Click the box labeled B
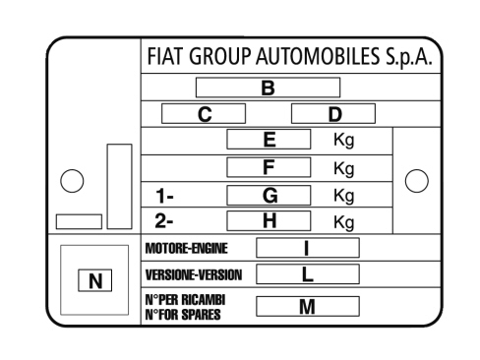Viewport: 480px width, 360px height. (x=268, y=88)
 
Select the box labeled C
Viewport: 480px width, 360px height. (x=204, y=114)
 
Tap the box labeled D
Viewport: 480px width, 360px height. (x=333, y=114)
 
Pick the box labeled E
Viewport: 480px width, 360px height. (x=269, y=140)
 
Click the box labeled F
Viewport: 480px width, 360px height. (x=269, y=167)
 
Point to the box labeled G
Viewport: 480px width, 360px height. (x=269, y=196)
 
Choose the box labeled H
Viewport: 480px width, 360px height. (x=269, y=220)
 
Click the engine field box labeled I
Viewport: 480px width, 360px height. (x=308, y=248)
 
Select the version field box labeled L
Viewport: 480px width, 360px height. (x=308, y=274)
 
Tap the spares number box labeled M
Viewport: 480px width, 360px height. (x=308, y=306)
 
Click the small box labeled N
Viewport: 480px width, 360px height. (x=95, y=280)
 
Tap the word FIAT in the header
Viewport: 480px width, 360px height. (x=164, y=56)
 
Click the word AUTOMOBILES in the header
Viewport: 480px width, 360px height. (x=318, y=56)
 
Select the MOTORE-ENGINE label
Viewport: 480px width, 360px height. (x=186, y=248)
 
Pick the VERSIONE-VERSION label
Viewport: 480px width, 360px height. (x=194, y=274)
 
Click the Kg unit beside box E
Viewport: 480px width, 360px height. (x=344, y=141)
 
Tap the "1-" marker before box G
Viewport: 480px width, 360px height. (x=164, y=196)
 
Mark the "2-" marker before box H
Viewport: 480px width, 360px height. (x=164, y=221)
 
